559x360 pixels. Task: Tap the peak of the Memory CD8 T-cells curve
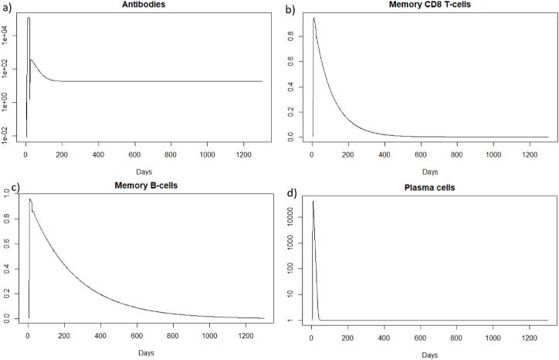click(314, 18)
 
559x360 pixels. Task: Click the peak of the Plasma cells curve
click(313, 202)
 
